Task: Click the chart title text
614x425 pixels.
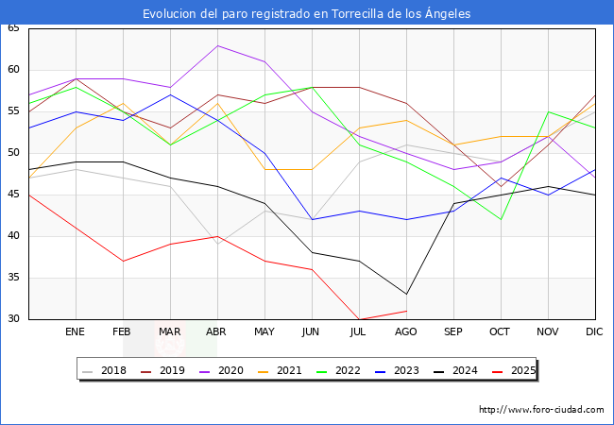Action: tap(307, 14)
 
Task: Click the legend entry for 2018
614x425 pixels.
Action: tap(106, 371)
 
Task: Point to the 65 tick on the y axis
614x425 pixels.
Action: tap(13, 28)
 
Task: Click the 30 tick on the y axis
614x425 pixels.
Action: tap(13, 319)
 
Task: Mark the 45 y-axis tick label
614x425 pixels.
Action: tap(13, 195)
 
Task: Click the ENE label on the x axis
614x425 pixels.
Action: tap(76, 332)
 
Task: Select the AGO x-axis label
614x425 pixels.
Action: tap(406, 332)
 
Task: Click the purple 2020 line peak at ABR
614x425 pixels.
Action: tap(217, 45)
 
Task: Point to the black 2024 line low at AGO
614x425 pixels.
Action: tap(406, 294)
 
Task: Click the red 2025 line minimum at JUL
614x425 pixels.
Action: tap(359, 319)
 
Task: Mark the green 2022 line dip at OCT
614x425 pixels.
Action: tap(501, 219)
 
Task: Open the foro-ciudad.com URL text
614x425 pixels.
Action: tap(541, 410)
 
